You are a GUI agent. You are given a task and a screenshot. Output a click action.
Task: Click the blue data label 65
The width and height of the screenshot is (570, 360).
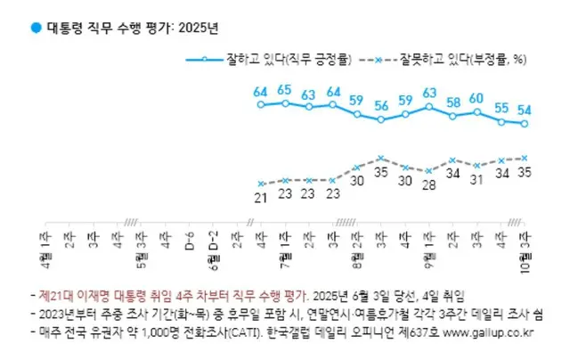click(285, 90)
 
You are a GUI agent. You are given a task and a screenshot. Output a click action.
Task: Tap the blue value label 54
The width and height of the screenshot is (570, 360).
click(525, 109)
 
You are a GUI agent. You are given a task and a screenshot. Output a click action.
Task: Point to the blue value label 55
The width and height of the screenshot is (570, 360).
click(501, 107)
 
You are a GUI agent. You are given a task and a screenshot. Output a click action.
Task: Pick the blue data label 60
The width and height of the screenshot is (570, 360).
click(477, 98)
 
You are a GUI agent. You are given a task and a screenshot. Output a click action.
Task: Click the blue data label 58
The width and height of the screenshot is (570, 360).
click(453, 102)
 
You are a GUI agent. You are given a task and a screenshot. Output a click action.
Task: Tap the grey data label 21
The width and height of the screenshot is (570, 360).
click(262, 196)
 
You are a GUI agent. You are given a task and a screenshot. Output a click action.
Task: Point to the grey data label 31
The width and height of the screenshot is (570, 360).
click(477, 179)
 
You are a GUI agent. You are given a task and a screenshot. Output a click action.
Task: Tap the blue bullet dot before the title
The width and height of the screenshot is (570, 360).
click(35, 28)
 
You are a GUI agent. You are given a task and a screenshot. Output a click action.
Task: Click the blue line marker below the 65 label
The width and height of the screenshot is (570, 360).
click(285, 103)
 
